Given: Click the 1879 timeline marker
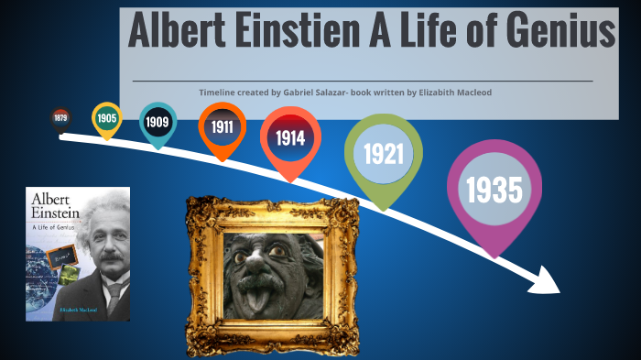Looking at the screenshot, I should (60, 118).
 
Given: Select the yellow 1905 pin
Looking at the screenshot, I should (107, 118).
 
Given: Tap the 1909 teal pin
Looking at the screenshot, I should (158, 121).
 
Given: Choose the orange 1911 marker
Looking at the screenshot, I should (222, 126).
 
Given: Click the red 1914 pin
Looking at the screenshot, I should (289, 138).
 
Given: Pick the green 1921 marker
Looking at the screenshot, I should (383, 153).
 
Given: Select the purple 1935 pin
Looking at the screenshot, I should (494, 190).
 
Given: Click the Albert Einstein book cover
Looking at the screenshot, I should (78, 254).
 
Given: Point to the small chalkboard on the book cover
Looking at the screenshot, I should (60, 254).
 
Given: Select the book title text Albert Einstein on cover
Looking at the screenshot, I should (60, 206).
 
